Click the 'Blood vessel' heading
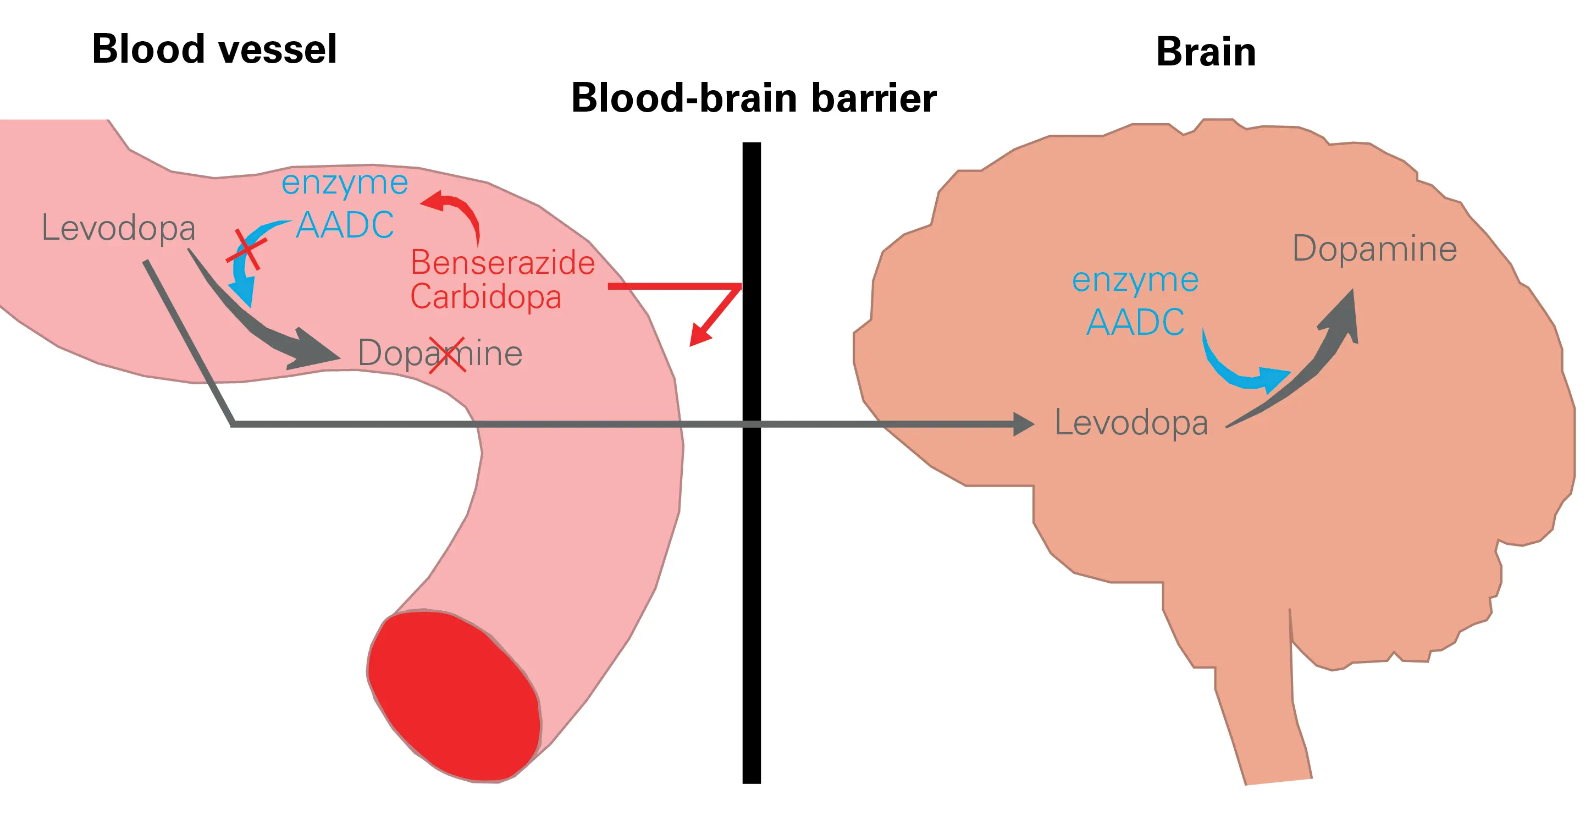point(214,49)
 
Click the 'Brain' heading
point(1205,52)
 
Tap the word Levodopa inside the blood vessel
point(118,228)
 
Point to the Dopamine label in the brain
point(1374,249)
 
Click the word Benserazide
point(502,263)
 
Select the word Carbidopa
point(485,297)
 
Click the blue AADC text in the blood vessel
point(345,225)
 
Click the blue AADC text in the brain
point(1135,322)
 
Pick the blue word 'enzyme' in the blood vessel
point(345,184)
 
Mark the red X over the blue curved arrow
point(247,250)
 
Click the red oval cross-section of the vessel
point(454,695)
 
